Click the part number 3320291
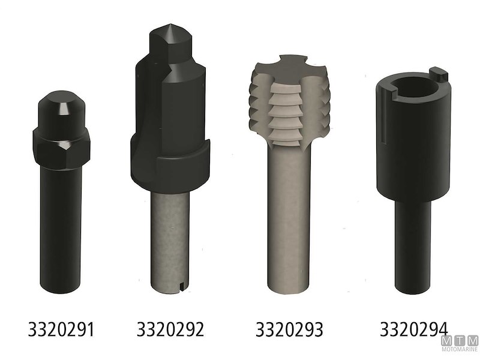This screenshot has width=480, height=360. (x=61, y=329)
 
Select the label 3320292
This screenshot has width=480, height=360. (x=170, y=329)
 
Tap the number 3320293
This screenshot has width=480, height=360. (x=289, y=329)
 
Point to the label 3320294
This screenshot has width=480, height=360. (x=414, y=329)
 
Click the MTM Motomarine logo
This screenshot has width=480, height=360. (x=460, y=343)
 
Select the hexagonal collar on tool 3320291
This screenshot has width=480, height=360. (x=61, y=148)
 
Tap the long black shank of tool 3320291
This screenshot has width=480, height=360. (x=61, y=230)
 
